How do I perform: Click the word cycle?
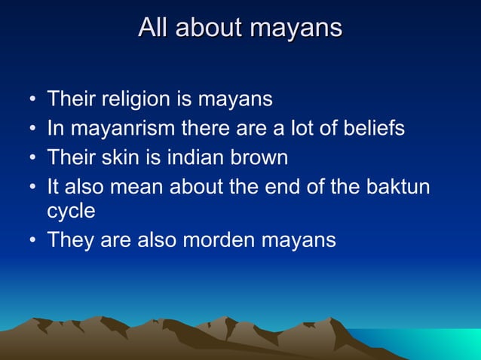[71, 211]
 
